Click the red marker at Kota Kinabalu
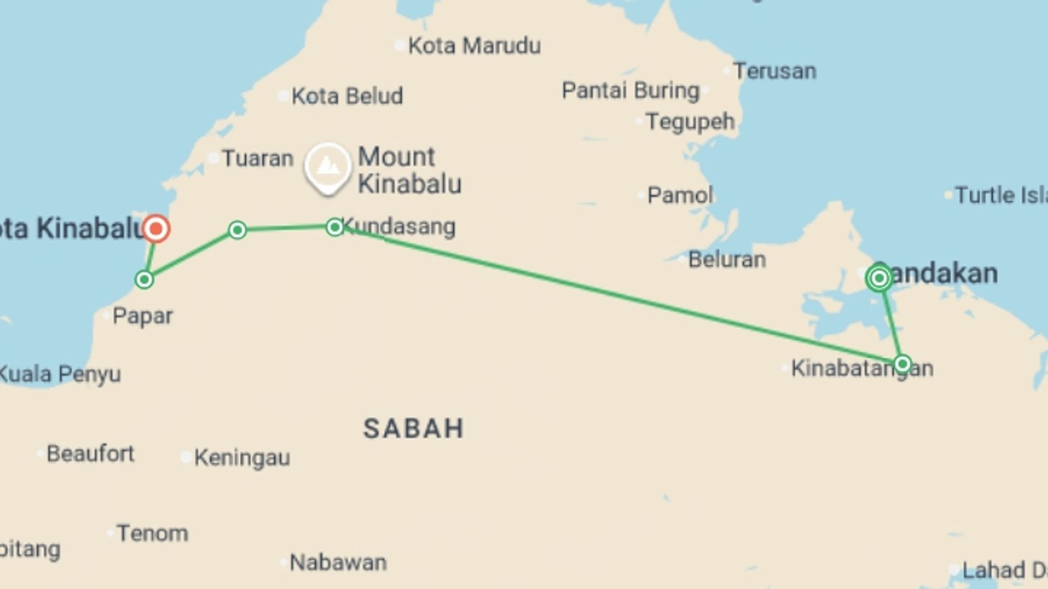pos(156,228)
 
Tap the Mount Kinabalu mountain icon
pos(327,166)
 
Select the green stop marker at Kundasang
pos(335,227)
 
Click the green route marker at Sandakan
pos(879,279)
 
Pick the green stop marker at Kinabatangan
pos(902,364)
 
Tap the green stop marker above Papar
pos(144,280)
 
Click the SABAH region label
pos(413,429)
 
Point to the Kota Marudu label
pos(474,46)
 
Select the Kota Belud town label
pos(347,96)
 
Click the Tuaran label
pos(257,158)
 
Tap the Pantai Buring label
pos(630,91)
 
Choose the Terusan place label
pos(774,71)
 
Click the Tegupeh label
pos(690,122)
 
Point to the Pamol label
pos(680,195)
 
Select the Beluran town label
pos(727,260)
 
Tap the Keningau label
pos(242,458)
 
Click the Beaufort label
pos(90,453)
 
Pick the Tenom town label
pos(152,533)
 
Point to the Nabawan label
pos(338,562)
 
